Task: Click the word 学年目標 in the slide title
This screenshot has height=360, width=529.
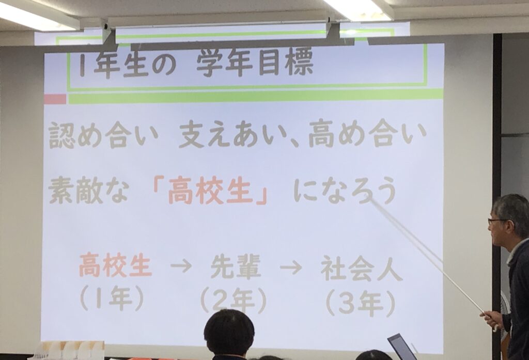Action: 255,64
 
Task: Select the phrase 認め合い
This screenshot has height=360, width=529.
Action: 103,136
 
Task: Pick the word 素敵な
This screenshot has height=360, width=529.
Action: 88,191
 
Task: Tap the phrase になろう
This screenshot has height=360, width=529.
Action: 345,192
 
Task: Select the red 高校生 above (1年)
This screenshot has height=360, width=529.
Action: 115,265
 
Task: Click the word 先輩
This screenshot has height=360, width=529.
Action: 236,266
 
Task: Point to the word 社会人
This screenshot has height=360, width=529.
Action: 362,268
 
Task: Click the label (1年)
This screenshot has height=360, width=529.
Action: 112,299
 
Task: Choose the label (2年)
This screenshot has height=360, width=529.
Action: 234,300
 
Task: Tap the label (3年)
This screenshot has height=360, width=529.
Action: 361,303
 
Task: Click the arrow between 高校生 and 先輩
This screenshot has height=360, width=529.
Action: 181,266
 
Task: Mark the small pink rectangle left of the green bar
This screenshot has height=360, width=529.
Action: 55,99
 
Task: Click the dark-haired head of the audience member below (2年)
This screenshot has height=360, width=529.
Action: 229,333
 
